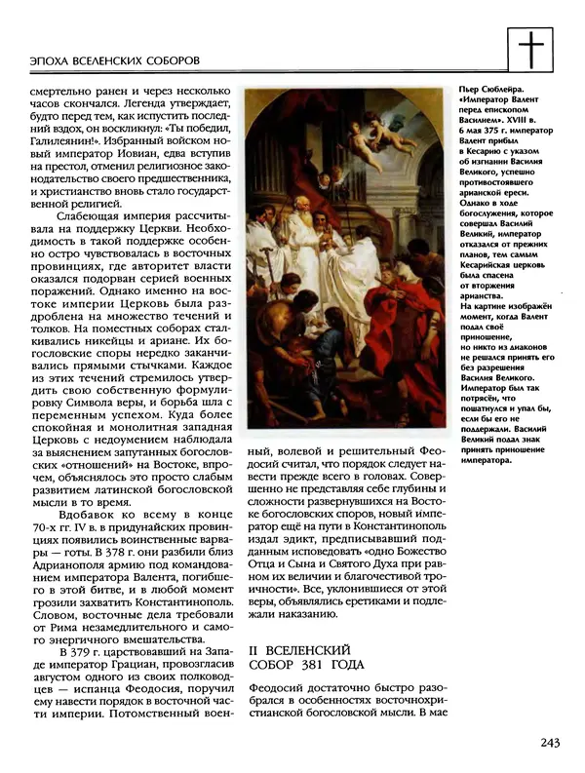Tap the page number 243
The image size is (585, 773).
click(x=548, y=744)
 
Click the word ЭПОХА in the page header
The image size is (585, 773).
click(x=34, y=59)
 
